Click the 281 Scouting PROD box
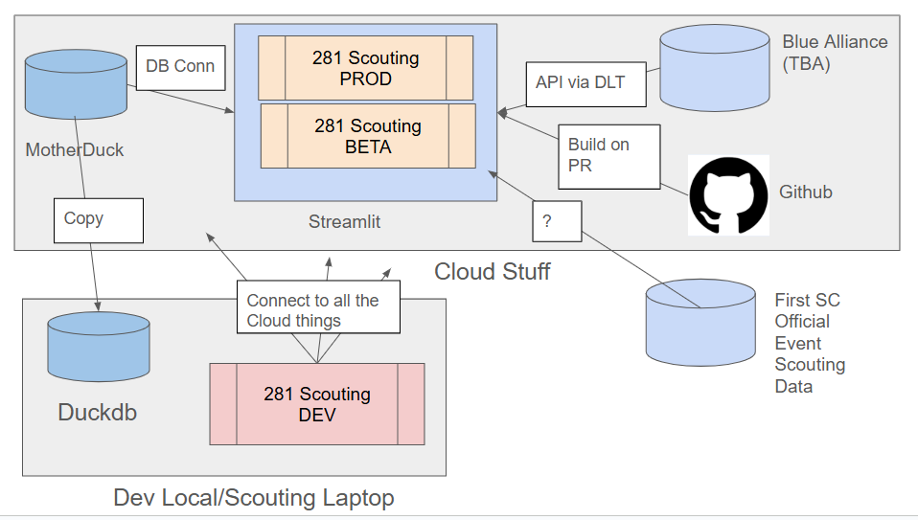[366, 68]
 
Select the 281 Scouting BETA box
[368, 136]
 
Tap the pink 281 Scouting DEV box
[317, 403]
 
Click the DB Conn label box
[180, 68]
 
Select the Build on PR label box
[610, 155]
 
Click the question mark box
[556, 221]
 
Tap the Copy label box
[98, 219]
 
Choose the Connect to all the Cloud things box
[319, 310]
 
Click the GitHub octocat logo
[728, 194]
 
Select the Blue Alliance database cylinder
[715, 70]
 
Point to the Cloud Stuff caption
[493, 271]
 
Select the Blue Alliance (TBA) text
[834, 54]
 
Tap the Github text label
[805, 192]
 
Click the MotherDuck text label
[74, 150]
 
